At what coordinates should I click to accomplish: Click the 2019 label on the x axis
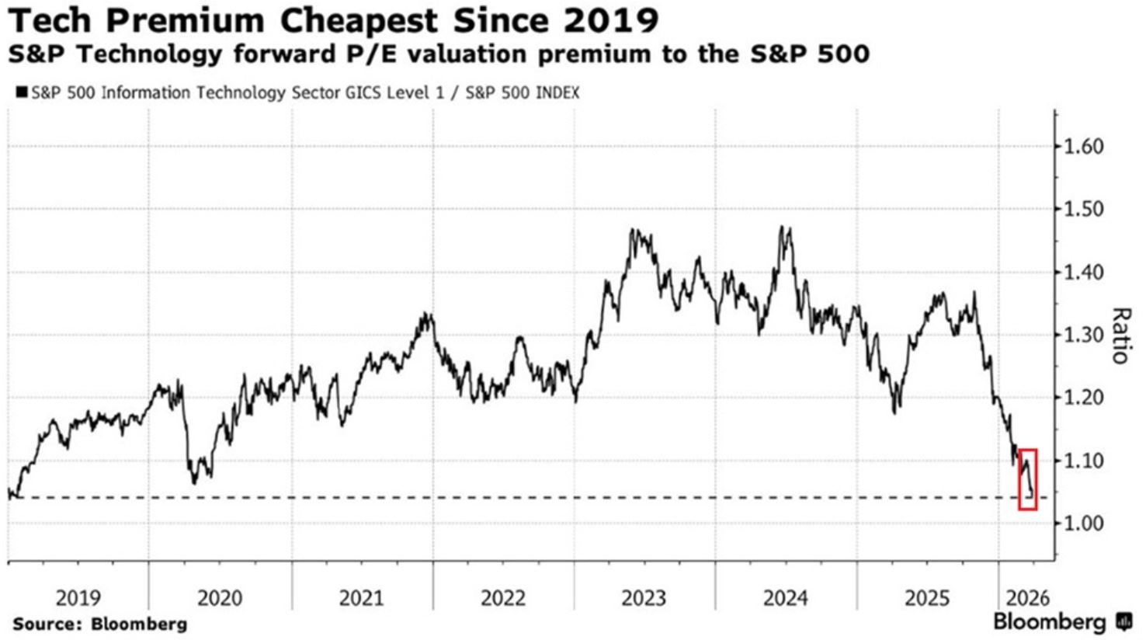click(x=78, y=598)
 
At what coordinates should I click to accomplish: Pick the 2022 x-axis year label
click(x=503, y=598)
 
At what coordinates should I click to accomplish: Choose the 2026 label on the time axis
click(x=1026, y=598)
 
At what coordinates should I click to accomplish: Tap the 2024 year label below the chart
click(x=786, y=598)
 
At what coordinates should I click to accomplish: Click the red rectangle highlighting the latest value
click(x=1028, y=479)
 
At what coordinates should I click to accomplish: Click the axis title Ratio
click(x=1120, y=336)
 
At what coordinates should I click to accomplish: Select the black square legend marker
click(x=21, y=92)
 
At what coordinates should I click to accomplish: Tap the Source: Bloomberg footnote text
click(x=99, y=623)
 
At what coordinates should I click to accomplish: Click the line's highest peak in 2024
click(x=783, y=227)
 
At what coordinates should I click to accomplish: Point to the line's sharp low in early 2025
click(x=897, y=412)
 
